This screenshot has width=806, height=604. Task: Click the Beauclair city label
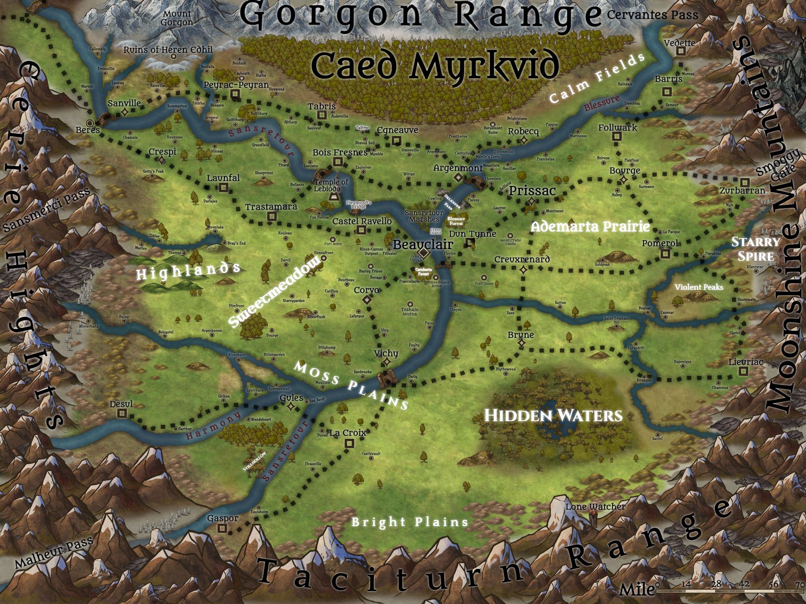[423, 245]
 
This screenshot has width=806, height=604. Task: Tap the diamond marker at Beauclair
[423, 252]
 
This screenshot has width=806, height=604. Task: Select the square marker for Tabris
[322, 115]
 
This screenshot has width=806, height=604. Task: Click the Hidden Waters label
[553, 415]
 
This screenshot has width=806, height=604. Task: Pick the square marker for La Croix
[349, 444]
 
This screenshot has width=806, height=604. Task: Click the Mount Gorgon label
[177, 18]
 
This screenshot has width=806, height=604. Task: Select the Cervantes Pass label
[652, 15]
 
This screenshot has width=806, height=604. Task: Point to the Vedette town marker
[680, 52]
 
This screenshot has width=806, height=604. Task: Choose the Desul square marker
[122, 413]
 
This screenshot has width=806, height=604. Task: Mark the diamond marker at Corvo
[367, 300]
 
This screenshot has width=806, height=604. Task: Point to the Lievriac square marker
[743, 371]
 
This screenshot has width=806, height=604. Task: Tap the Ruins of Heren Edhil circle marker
[173, 57]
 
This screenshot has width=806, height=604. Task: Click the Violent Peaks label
[699, 287]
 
